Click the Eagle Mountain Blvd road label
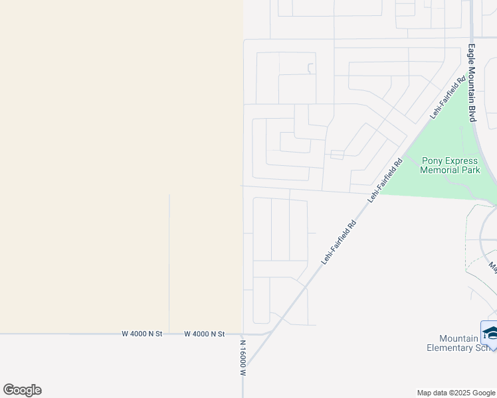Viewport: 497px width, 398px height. [472, 82]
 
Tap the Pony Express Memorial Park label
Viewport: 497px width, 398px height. [450, 165]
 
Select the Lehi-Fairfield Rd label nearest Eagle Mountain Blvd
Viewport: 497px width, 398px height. [447, 98]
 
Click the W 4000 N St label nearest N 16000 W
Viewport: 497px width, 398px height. [205, 334]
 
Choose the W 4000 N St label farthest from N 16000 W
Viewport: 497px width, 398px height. [142, 334]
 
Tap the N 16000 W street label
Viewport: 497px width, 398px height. [243, 358]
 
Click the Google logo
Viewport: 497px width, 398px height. [22, 390]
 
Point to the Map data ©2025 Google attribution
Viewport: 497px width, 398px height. [455, 393]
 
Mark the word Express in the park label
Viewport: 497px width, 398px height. [462, 161]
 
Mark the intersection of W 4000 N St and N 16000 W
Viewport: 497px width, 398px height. [243, 334]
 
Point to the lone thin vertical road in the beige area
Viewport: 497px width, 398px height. [169, 265]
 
